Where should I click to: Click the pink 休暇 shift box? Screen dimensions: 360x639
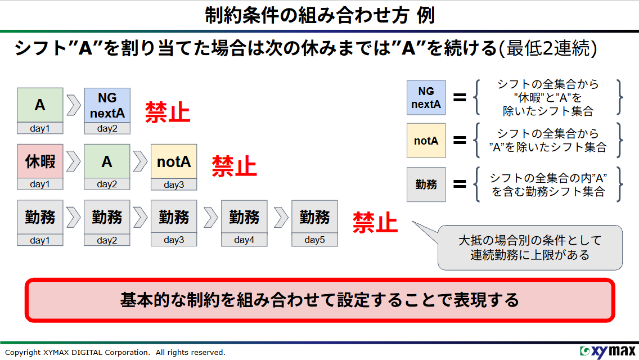pyautogui.click(x=40, y=161)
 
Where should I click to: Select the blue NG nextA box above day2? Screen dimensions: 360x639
pyautogui.click(x=107, y=105)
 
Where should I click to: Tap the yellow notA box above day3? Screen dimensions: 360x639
pyautogui.click(x=174, y=162)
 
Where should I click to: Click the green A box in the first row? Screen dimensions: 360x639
pyautogui.click(x=40, y=105)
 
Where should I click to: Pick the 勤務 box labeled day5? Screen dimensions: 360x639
pyautogui.click(x=314, y=217)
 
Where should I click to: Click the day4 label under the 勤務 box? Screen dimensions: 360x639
pyautogui.click(x=244, y=240)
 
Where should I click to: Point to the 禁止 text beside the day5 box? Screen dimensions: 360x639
pyautogui.click(x=375, y=223)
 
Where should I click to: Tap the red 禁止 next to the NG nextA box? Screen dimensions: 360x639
pyautogui.click(x=168, y=112)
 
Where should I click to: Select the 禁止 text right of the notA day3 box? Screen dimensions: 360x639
pyautogui.click(x=234, y=166)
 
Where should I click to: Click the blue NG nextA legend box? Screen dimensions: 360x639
pyautogui.click(x=426, y=97)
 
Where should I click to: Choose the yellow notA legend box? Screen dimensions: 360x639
pyautogui.click(x=426, y=141)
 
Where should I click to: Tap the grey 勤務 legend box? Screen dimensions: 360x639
pyautogui.click(x=426, y=184)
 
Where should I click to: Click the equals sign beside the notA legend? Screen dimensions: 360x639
pyautogui.click(x=460, y=141)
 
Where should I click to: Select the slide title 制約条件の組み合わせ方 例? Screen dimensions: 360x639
pyautogui.click(x=319, y=15)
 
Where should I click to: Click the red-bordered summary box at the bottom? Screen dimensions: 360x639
pyautogui.click(x=319, y=300)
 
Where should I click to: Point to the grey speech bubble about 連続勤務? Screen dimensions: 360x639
pyautogui.click(x=530, y=247)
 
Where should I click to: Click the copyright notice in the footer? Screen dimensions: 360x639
pyautogui.click(x=115, y=353)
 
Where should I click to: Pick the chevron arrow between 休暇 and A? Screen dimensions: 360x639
pyautogui.click(x=73, y=161)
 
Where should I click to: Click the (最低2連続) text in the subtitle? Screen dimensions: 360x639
pyautogui.click(x=548, y=48)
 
